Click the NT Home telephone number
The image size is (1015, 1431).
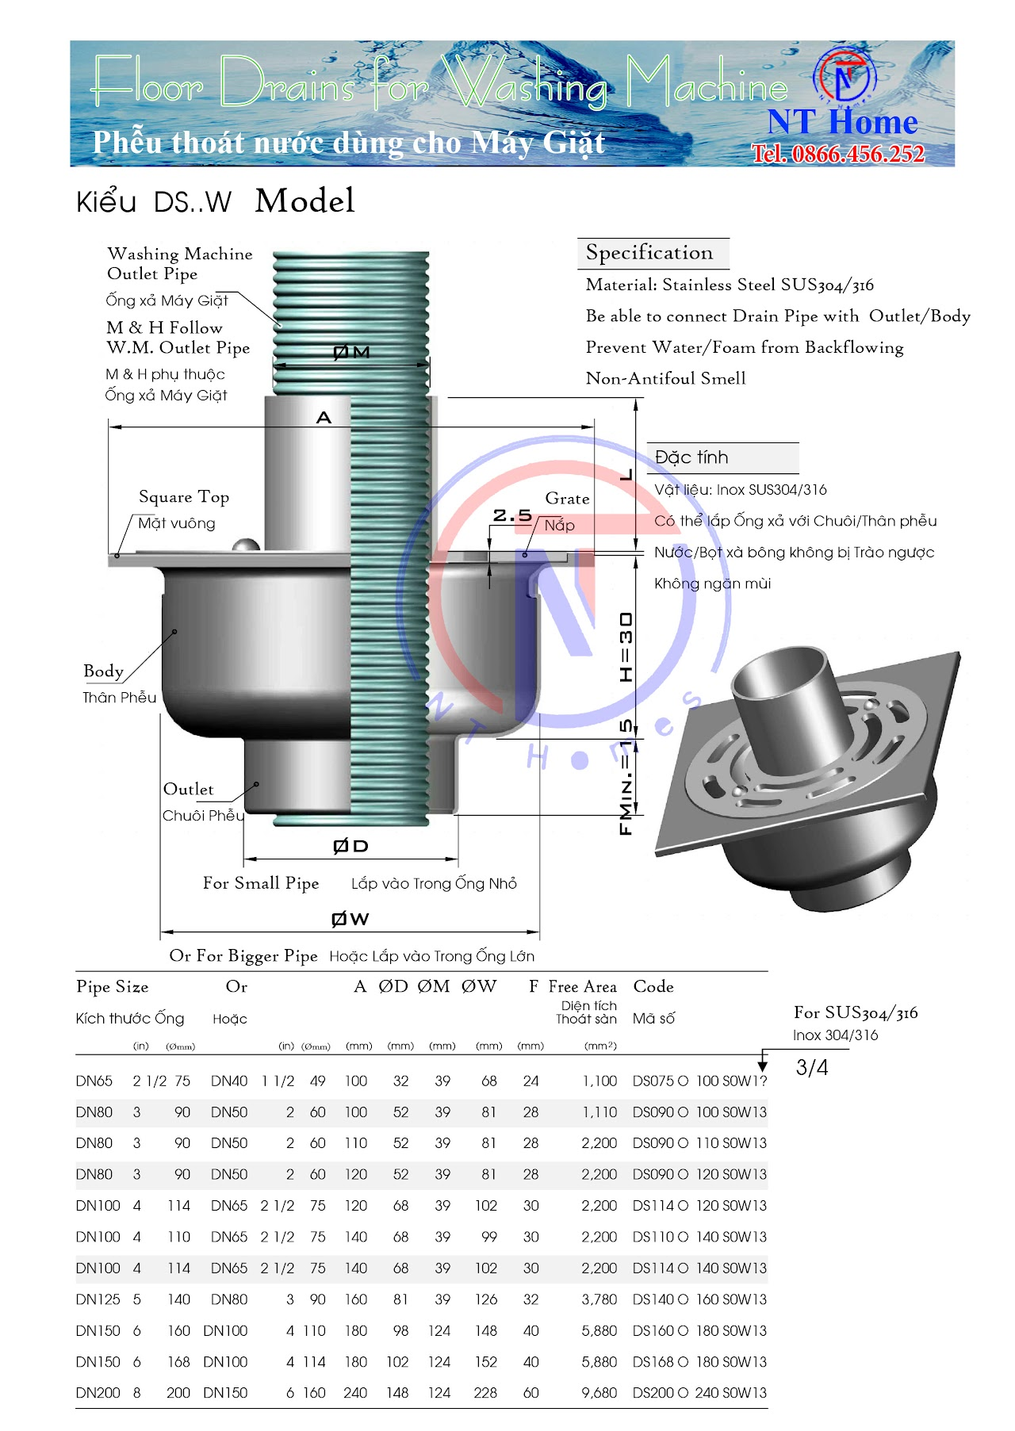point(838,153)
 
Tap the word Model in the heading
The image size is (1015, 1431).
point(304,201)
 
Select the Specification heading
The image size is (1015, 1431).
point(649,253)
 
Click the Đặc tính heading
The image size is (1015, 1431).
point(691,457)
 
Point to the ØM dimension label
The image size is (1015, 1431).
point(351,352)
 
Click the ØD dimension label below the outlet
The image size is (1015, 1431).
point(350,847)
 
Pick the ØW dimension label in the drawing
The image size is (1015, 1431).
point(350,919)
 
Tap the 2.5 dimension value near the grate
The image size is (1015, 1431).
point(512,515)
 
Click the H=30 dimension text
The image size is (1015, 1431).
point(626,647)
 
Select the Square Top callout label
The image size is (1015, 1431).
point(184,497)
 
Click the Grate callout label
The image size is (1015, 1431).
point(567,499)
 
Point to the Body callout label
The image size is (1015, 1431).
point(104,671)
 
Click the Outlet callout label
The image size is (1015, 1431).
point(188,790)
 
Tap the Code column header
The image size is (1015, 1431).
point(653,987)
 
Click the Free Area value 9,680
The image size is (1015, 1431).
point(599,1393)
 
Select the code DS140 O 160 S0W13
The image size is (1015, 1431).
point(699,1299)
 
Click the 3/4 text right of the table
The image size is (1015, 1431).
point(812,1068)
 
